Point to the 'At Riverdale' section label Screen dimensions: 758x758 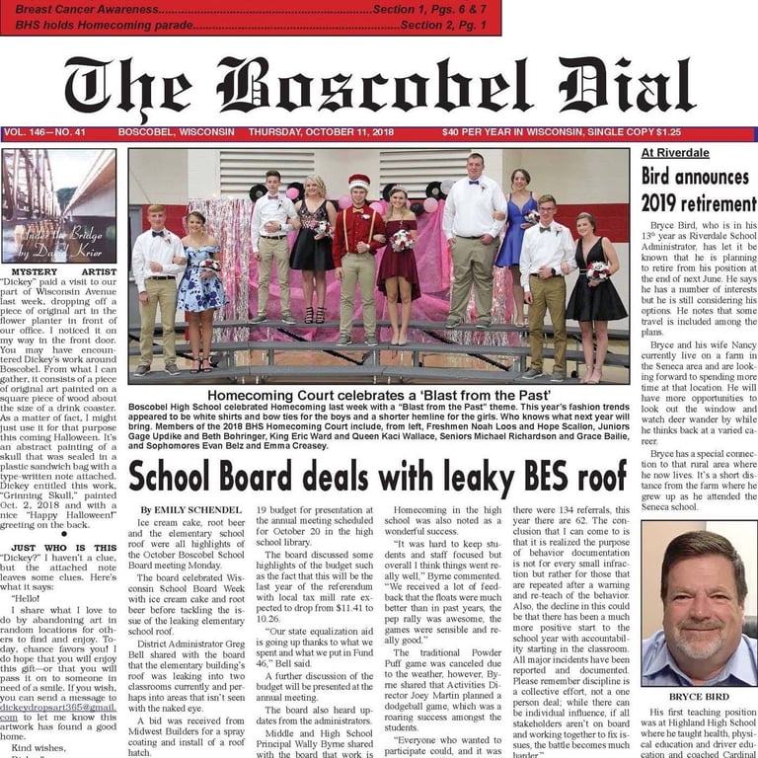point(675,153)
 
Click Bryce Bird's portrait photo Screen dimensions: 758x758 point(699,603)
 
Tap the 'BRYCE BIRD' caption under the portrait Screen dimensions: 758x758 point(699,695)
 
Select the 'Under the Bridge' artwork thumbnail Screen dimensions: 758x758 point(59,205)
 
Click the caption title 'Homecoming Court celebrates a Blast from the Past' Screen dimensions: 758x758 point(378,396)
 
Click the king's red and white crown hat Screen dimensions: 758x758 point(359,183)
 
